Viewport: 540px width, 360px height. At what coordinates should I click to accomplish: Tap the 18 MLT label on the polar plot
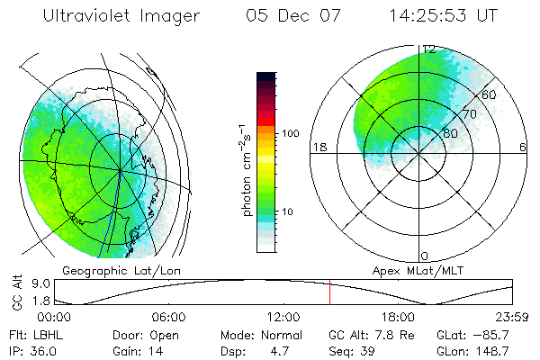(318, 147)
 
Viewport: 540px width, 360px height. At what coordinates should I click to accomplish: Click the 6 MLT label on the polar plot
(523, 147)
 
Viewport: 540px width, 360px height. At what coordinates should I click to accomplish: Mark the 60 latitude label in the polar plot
(490, 94)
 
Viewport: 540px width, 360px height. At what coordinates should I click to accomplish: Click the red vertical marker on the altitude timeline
(329, 293)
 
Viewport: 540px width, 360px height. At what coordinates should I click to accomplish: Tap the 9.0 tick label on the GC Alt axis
(28, 283)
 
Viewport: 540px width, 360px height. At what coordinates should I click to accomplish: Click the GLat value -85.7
(496, 335)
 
